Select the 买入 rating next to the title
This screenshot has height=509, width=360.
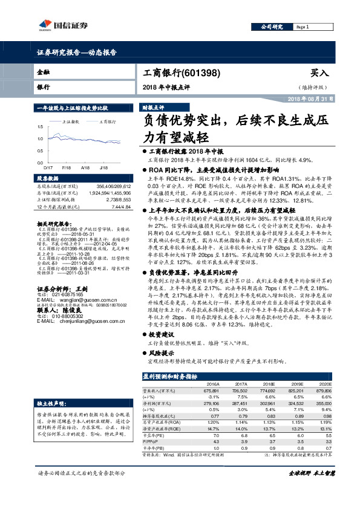coord(320,73)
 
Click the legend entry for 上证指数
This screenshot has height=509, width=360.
coord(72,122)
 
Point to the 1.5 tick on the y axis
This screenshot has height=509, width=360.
coord(40,127)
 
